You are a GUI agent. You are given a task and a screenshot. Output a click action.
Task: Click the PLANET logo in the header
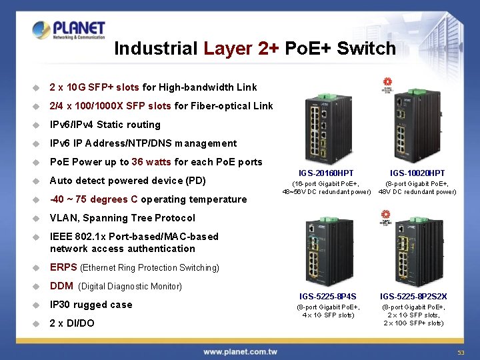69,30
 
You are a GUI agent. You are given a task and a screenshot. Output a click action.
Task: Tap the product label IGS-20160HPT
326,173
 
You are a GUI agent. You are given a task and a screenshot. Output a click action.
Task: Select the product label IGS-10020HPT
417,173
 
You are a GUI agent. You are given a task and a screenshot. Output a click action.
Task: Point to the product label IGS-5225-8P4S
327,296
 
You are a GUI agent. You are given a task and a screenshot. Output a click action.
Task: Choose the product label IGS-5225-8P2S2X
413,296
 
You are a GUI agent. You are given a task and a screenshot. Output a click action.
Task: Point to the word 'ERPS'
63,267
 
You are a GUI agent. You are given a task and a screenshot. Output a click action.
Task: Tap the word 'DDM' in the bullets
62,286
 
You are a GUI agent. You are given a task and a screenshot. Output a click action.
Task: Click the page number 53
460,353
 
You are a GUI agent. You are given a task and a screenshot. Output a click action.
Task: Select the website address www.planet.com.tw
241,351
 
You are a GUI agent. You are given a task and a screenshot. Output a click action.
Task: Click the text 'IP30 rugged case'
91,305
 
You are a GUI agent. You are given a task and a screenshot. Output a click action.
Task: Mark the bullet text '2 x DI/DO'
72,323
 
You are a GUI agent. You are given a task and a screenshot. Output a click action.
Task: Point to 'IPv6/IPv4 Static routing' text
105,125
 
